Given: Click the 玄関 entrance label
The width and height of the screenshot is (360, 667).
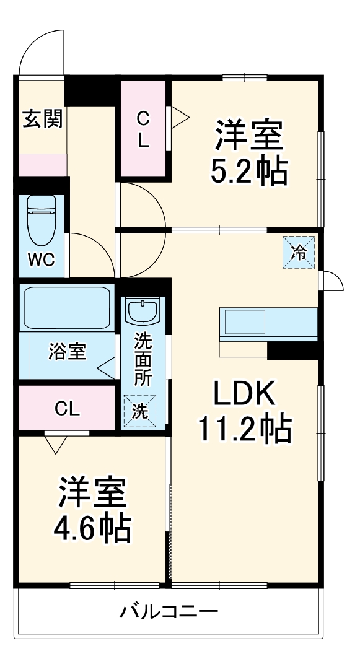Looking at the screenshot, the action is tap(43, 118).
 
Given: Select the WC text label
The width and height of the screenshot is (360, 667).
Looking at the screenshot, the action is tap(42, 259).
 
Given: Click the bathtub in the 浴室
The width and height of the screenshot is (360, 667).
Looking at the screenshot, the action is tap(67, 308).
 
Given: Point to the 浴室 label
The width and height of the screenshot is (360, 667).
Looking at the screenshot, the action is tap(68, 351).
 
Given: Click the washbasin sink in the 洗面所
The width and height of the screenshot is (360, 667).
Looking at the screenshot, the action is tap(143, 310).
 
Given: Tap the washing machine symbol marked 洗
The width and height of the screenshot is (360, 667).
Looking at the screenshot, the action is tap(140, 412).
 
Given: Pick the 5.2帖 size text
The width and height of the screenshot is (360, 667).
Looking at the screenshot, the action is tap(249, 171).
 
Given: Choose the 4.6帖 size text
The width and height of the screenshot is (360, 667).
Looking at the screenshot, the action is tap(92, 528).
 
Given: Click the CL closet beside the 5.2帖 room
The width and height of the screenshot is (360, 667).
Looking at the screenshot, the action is tap(143, 128).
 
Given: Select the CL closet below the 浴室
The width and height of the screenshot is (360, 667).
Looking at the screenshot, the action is tap(67, 408).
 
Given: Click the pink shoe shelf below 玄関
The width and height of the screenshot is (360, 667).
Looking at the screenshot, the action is tap(43, 165).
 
